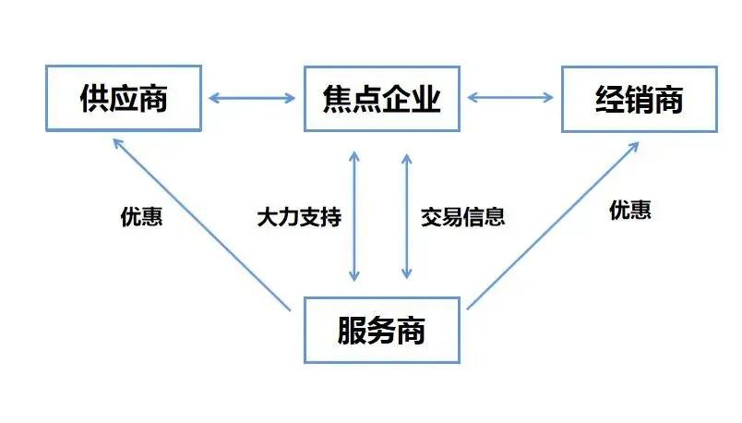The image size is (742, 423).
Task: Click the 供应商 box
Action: tap(123, 98)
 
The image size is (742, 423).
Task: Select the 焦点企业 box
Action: tap(382, 98)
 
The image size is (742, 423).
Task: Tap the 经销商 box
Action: tap(639, 98)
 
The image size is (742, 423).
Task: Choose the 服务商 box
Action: tap(382, 330)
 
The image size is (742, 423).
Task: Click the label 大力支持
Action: tap(299, 218)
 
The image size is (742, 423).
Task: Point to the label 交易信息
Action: tap(463, 218)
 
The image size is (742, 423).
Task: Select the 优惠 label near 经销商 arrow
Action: tap(630, 211)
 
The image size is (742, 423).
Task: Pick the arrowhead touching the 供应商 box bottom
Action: tap(115, 142)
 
